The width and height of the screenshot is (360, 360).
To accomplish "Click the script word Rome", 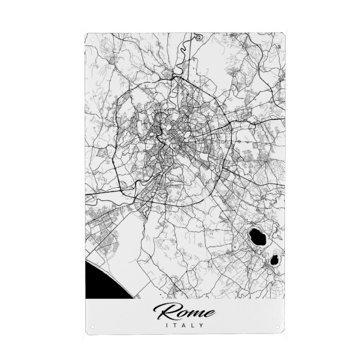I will pos(184,311).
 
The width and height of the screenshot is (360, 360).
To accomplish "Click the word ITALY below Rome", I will pos(184,326).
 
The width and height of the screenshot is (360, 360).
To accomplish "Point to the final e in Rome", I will pos(209,313).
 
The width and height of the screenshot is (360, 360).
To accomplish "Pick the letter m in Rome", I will pos(195,313).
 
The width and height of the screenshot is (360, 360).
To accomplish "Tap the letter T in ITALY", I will pos(175,326).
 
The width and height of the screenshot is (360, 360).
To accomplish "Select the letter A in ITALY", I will pos(184,326).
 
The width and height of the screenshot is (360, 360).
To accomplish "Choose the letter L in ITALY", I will pos(193,326).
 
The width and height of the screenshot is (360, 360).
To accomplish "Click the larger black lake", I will pos(259,235).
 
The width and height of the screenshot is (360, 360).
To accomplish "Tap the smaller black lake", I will pos(274,260).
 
